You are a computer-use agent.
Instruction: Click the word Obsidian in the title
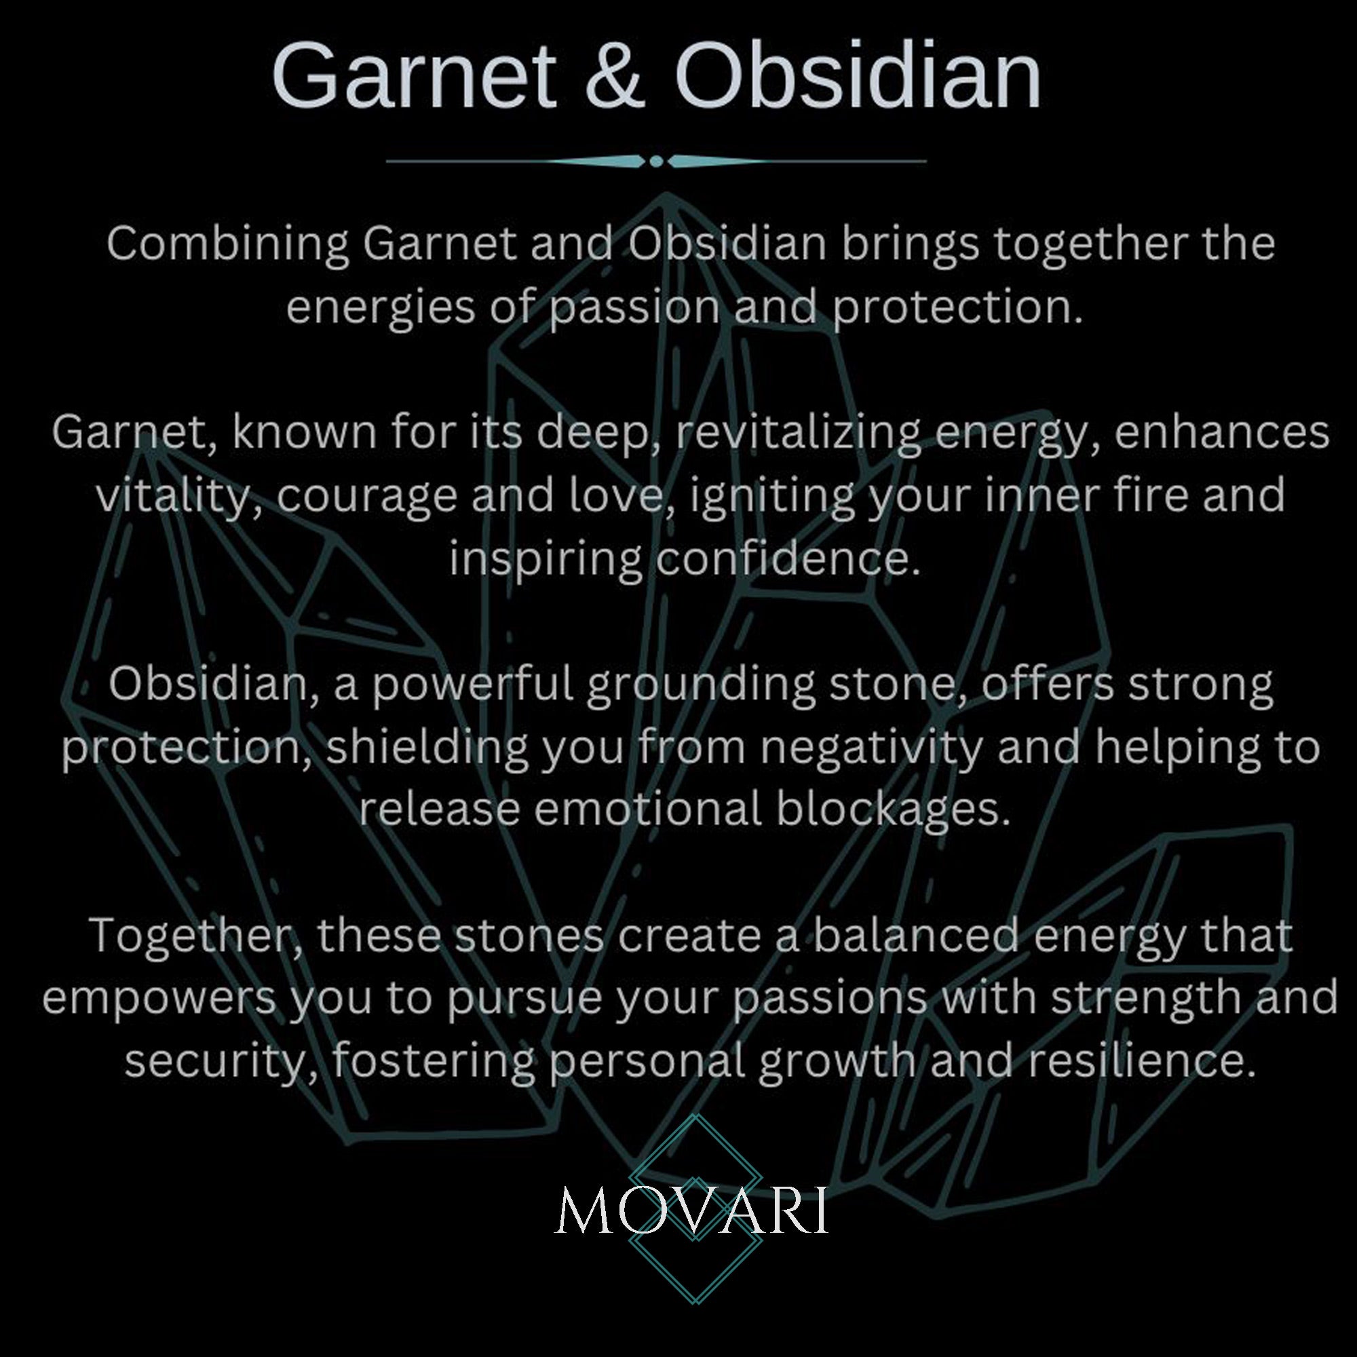[857, 76]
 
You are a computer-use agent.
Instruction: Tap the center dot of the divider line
[656, 161]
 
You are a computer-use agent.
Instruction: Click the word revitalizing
[798, 432]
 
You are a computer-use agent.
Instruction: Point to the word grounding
[701, 685]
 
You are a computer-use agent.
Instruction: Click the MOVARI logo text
[693, 1210]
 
